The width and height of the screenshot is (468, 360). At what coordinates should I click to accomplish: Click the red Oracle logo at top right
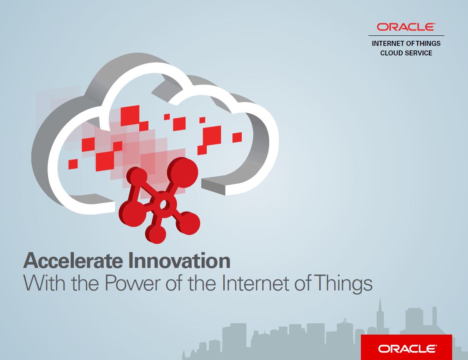point(406,27)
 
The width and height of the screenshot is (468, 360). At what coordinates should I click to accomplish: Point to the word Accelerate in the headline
point(73,260)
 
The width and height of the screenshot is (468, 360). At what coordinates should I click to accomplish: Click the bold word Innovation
point(179,260)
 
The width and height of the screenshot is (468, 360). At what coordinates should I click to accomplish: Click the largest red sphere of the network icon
point(183,171)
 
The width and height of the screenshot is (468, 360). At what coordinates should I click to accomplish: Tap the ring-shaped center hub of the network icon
point(163,205)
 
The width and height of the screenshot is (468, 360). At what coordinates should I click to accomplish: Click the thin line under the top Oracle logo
point(406,35)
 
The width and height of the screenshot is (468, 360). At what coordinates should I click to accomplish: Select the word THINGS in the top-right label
point(428,43)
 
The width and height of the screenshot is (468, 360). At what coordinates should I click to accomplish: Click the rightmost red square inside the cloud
point(237,137)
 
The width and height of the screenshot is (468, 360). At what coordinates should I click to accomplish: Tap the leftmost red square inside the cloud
point(73,164)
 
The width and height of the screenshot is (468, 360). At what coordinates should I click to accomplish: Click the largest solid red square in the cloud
point(130,115)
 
